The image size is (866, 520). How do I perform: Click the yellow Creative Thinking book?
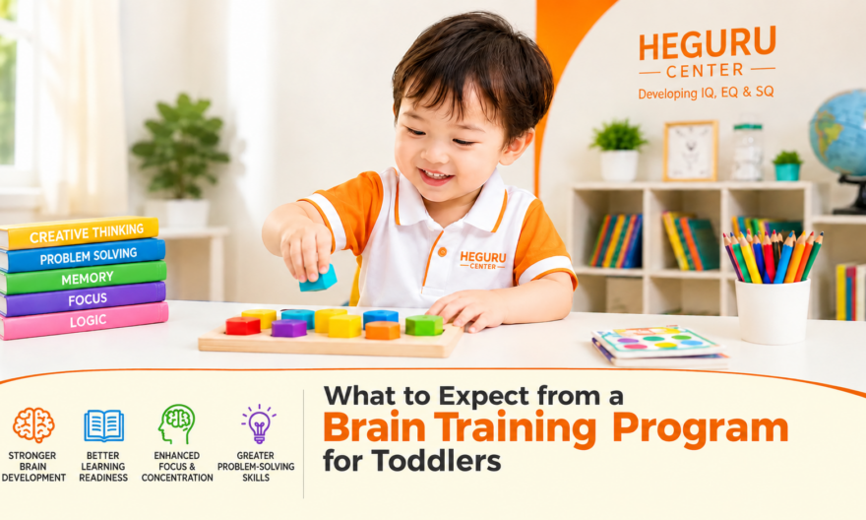point(80,232)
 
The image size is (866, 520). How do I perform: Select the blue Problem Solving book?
point(83,256)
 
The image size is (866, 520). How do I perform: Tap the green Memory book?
point(83,278)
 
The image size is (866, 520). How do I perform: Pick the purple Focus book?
point(83,299)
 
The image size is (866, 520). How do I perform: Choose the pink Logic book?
point(84,320)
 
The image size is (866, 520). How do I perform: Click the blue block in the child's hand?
point(318,279)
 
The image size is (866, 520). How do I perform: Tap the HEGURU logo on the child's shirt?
point(483,260)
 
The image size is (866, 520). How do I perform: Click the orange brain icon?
point(33,424)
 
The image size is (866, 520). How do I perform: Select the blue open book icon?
point(104,425)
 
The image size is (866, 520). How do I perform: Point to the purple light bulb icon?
point(259,423)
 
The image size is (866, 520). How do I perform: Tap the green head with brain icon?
point(176,423)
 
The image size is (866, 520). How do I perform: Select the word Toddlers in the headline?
point(436,461)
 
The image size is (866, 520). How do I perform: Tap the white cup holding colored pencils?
point(773,310)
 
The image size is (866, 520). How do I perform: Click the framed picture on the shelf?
point(691,151)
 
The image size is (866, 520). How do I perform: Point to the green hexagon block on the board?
point(424,325)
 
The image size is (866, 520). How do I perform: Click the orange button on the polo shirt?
point(442,252)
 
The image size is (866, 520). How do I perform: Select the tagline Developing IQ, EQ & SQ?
point(706,93)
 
